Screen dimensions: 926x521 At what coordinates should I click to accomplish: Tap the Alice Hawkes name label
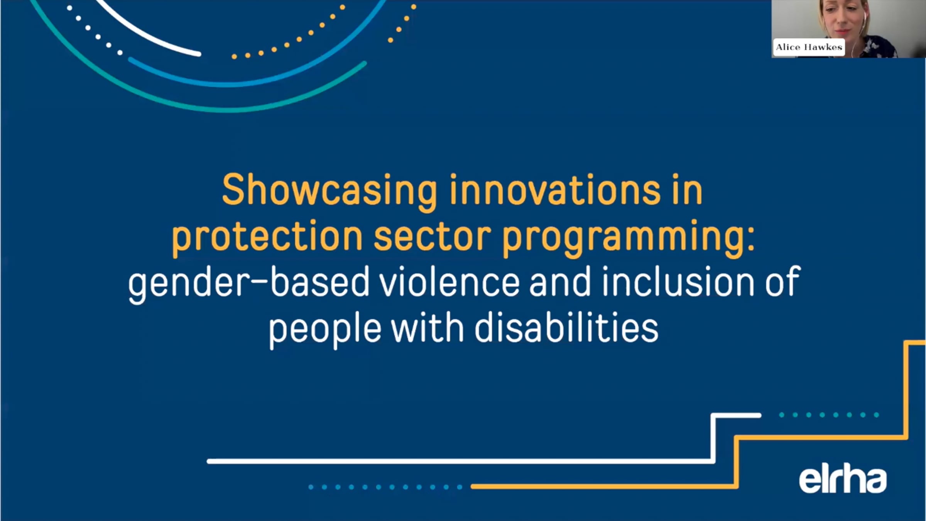[809, 47]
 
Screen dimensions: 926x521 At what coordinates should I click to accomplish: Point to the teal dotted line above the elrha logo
[828, 415]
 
